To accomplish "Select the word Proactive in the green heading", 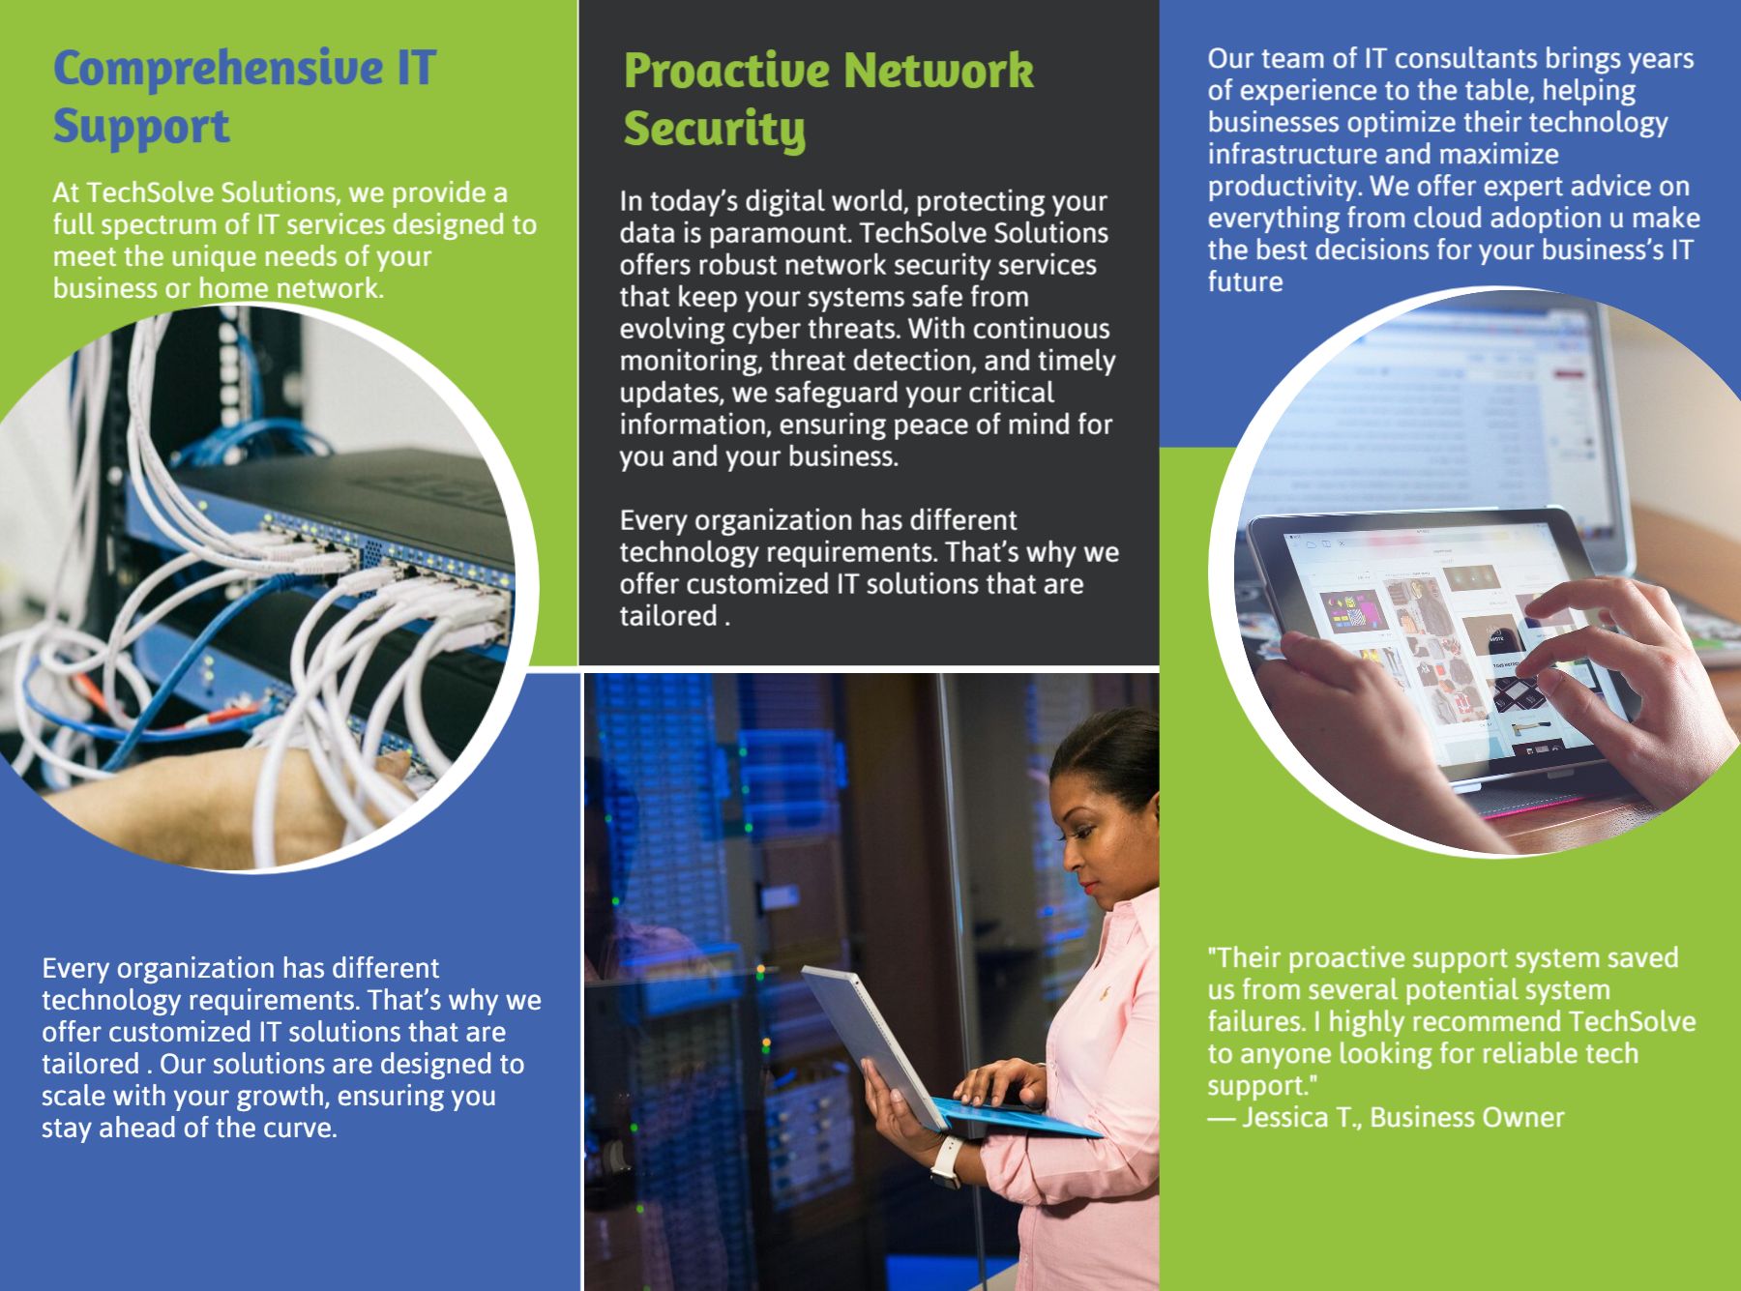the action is coord(725,72).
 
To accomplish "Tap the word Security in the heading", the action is coord(715,131).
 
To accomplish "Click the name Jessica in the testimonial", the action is coord(1284,1118).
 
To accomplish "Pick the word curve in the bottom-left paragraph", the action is coord(299,1129).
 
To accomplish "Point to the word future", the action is coord(1245,282).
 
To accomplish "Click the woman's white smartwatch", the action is coord(947,1160).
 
